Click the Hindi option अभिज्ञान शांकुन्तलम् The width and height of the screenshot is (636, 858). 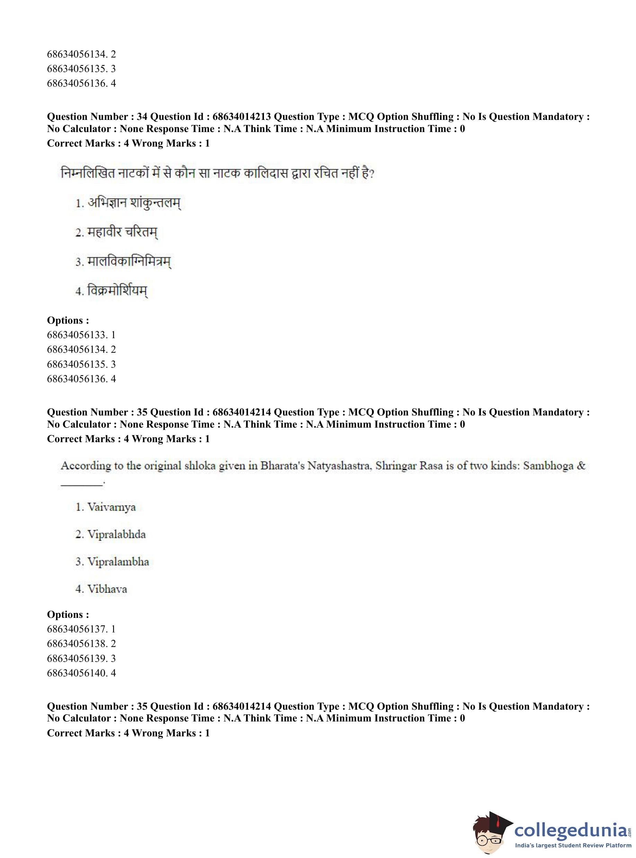[134, 203]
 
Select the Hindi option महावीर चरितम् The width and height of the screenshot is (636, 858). [122, 232]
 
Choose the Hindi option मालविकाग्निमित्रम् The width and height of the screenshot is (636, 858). [129, 262]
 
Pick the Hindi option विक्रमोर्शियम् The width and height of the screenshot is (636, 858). [117, 291]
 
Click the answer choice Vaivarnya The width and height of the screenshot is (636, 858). [111, 507]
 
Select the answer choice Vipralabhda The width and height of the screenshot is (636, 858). [116, 534]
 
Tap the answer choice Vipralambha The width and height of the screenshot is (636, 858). [118, 561]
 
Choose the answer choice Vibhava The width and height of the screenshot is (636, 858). [107, 589]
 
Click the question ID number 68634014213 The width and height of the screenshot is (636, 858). [241, 117]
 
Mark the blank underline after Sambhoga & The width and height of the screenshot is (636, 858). [82, 484]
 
